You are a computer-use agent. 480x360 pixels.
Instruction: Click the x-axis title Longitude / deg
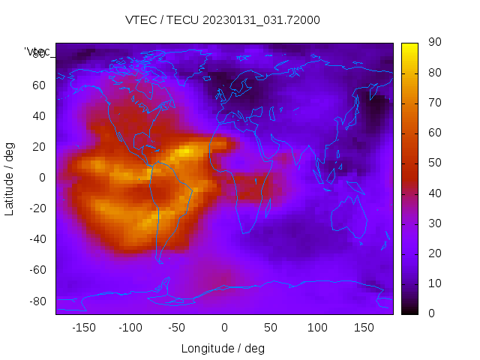click(x=223, y=348)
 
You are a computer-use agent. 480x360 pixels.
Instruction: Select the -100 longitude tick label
click(x=130, y=328)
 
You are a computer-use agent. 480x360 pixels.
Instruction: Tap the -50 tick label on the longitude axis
click(x=177, y=328)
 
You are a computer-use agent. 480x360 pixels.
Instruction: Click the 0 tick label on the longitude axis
click(x=223, y=328)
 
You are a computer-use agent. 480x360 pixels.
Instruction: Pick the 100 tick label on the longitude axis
click(x=317, y=328)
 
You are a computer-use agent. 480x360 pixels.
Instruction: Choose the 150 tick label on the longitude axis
click(x=364, y=328)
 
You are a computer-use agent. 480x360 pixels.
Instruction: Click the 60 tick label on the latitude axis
click(x=39, y=85)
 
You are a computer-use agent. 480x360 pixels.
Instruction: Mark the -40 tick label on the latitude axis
click(x=37, y=239)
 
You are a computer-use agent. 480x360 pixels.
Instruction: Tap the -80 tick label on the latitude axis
click(x=37, y=301)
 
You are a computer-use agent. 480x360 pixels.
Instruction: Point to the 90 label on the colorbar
click(x=434, y=43)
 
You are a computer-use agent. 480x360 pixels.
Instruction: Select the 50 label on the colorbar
click(x=434, y=163)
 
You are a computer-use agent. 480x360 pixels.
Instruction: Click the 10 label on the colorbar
click(x=434, y=283)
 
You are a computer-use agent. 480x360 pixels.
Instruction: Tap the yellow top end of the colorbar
click(x=409, y=46)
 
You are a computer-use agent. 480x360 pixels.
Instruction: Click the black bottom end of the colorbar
click(x=409, y=310)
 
